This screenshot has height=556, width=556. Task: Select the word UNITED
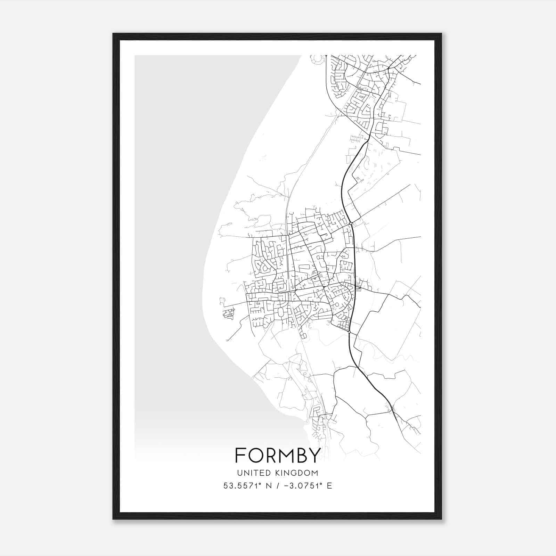click(253, 473)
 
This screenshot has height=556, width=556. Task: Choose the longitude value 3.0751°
click(302, 485)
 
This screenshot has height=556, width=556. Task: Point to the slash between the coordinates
click(278, 485)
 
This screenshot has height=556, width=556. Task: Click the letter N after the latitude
click(268, 485)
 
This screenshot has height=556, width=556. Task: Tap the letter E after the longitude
click(329, 485)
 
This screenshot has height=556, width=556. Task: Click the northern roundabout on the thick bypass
click(351, 223)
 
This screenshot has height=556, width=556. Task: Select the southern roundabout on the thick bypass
click(349, 332)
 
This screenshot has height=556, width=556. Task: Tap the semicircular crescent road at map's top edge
click(316, 59)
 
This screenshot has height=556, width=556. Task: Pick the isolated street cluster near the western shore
click(228, 314)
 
